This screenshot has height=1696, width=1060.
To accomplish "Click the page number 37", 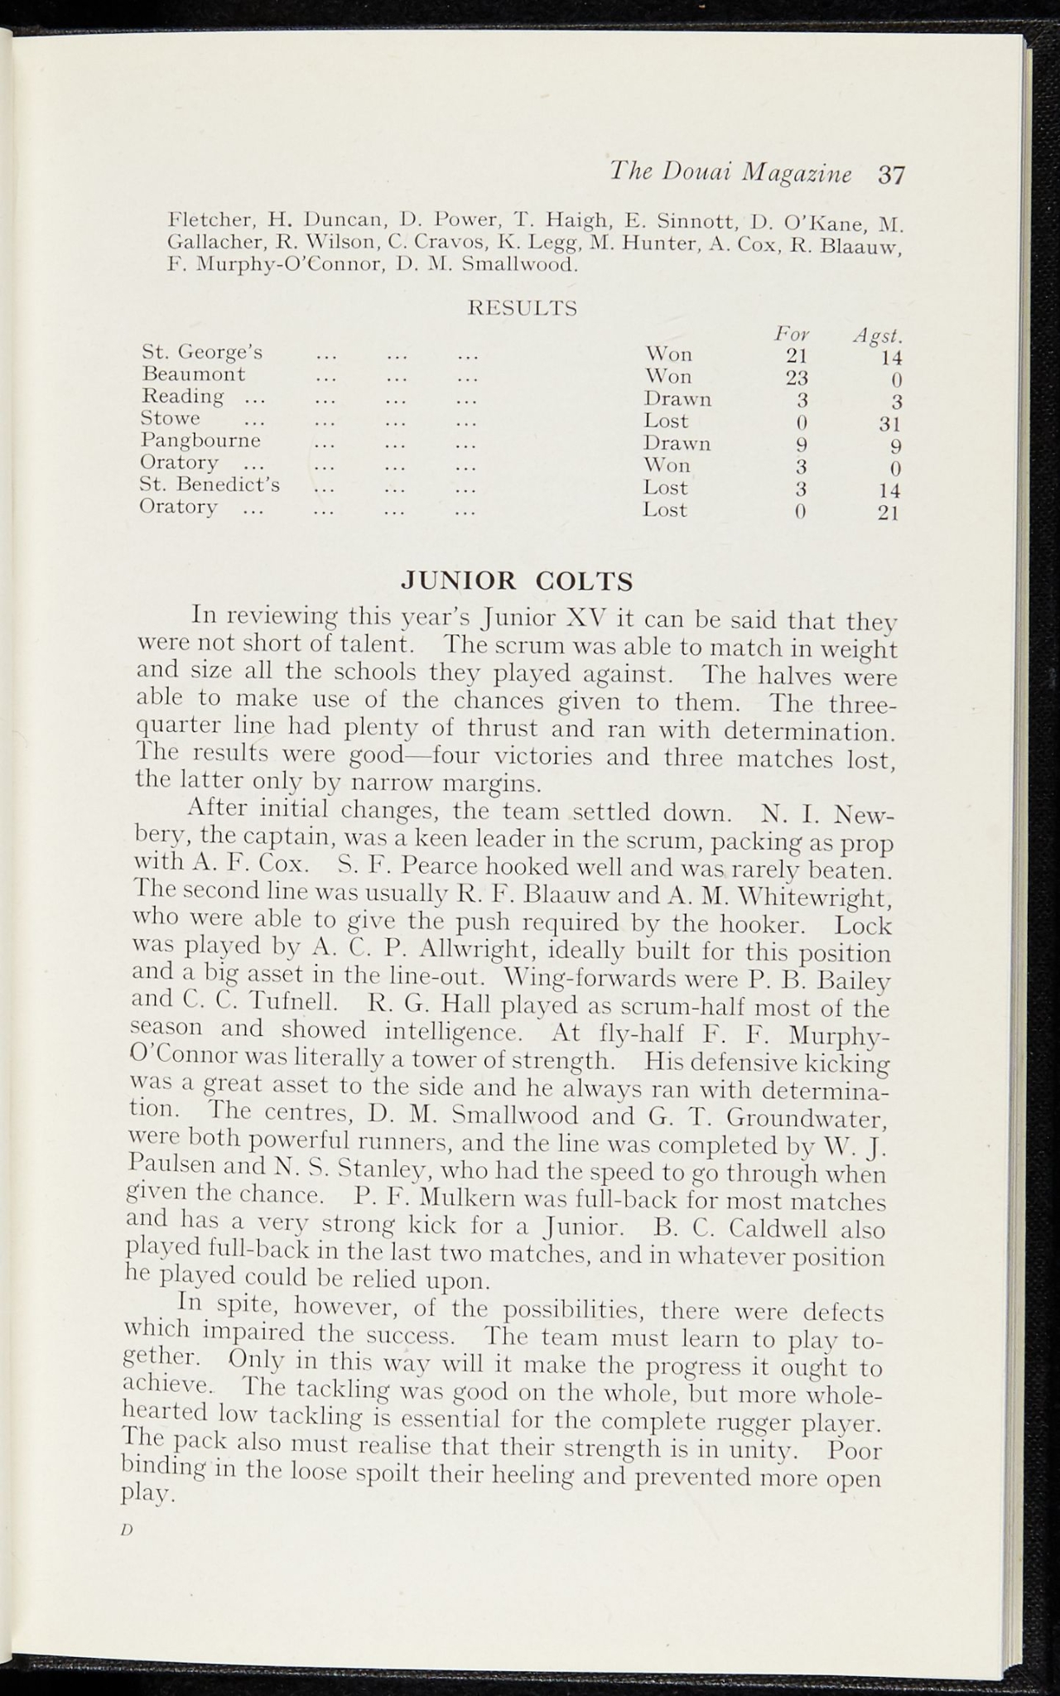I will click(x=892, y=175).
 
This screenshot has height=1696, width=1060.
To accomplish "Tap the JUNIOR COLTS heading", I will click(x=517, y=581).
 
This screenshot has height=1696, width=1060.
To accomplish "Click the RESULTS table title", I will click(x=523, y=309).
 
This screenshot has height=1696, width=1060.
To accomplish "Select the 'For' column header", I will click(x=791, y=334).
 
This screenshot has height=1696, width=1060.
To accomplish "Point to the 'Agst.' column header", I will click(x=878, y=337).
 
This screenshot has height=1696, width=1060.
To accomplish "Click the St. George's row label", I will click(x=203, y=352).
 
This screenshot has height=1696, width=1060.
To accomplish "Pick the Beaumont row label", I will click(x=194, y=374).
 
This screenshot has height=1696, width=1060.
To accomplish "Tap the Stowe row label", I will click(x=171, y=418).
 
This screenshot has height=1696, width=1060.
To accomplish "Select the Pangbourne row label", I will click(x=200, y=441).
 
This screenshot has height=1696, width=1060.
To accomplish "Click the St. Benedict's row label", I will click(x=210, y=484).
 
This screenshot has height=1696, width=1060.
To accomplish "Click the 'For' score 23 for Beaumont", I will click(x=796, y=378).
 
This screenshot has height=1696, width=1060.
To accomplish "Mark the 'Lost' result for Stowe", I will click(x=666, y=421).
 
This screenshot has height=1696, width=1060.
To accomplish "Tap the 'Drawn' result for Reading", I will click(x=677, y=399).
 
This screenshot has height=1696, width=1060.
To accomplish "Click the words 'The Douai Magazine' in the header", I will click(x=730, y=173).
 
